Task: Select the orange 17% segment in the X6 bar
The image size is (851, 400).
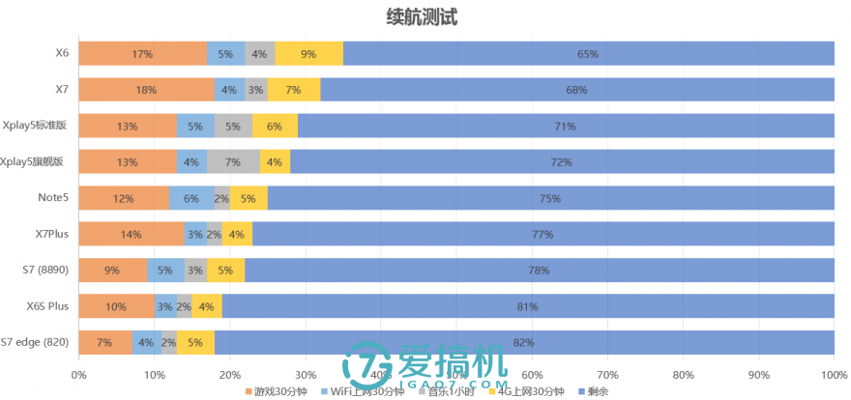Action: pos(142,54)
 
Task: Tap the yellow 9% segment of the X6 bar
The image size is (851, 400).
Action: pos(308,54)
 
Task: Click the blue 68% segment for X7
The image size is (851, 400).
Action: pos(577,90)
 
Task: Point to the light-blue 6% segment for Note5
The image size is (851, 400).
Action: pos(191,198)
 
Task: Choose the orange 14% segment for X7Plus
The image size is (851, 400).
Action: pos(132,234)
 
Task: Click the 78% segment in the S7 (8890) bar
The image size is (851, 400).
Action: pos(539,271)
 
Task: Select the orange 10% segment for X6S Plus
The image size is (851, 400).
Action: pos(116,306)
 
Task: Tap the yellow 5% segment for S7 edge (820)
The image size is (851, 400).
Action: pos(195,342)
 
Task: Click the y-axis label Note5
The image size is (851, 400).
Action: pos(52,198)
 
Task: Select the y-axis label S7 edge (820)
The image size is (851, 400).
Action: pos(34,342)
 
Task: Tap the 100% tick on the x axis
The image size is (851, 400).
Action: pos(834,373)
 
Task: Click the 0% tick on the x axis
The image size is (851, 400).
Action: pos(79,373)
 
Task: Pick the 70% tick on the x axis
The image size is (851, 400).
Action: pos(607,373)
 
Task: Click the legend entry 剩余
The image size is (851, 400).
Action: pos(595,390)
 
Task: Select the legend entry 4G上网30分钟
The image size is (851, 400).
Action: pos(531,390)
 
